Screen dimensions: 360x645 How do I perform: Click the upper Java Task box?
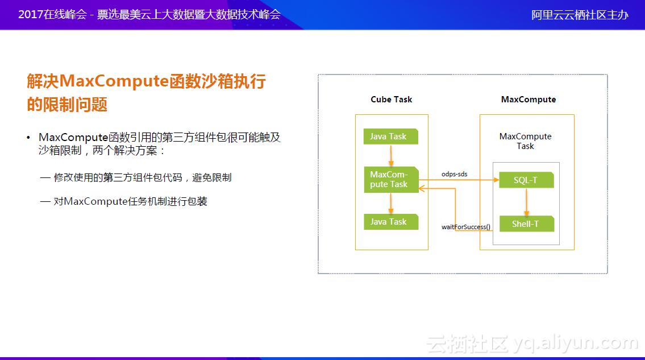click(x=390, y=136)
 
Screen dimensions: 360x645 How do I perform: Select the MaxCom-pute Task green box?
click(x=390, y=180)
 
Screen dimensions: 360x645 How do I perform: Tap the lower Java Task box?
click(x=390, y=222)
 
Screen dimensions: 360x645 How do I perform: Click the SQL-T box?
click(x=526, y=180)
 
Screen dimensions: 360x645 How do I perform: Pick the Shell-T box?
click(x=526, y=224)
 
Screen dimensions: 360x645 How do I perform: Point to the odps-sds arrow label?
click(x=454, y=173)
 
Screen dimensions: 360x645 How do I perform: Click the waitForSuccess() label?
click(x=465, y=227)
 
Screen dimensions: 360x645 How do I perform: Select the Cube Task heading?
click(x=391, y=100)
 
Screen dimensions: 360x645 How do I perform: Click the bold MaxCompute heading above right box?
click(x=528, y=100)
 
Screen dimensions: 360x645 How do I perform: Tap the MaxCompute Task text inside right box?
click(x=525, y=141)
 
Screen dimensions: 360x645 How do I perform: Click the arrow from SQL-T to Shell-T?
click(x=527, y=202)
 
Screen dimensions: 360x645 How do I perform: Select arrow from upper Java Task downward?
click(x=390, y=155)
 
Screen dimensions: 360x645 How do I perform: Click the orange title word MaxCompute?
click(x=113, y=81)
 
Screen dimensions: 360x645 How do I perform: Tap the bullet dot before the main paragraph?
click(x=28, y=138)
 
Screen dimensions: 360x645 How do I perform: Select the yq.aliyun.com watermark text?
click(x=574, y=343)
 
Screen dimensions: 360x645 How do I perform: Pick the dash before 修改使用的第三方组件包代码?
click(x=45, y=178)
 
